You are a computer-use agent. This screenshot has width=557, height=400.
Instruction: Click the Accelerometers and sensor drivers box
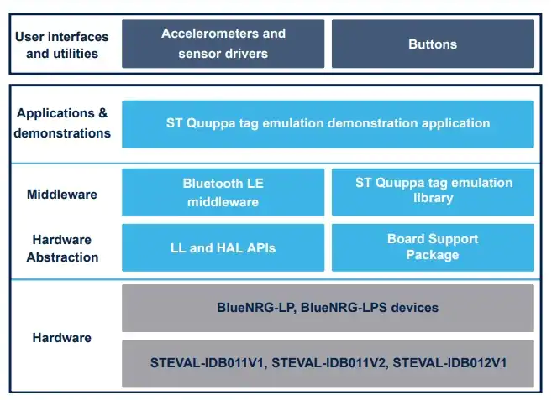223,44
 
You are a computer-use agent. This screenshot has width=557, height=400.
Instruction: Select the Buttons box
433,44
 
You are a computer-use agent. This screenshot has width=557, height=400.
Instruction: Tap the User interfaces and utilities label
62,45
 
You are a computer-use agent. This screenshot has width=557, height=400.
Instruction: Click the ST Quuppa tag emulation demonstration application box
328,124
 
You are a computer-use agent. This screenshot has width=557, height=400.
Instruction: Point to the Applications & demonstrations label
62,123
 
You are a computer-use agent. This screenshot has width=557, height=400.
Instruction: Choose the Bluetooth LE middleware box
223,192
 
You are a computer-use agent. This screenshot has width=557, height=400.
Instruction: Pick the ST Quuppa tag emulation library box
433,192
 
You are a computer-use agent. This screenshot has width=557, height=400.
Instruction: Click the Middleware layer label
62,195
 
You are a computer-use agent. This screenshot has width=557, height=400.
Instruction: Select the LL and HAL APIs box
223,247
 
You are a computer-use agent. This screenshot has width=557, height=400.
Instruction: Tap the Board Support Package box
433,247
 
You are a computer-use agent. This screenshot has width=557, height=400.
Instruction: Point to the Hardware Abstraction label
62,248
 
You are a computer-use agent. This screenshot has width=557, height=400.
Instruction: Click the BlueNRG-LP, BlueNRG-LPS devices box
328,308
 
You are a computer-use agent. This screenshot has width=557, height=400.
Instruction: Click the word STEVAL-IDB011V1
208,363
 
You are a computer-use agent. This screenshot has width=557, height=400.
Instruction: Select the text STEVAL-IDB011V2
329,363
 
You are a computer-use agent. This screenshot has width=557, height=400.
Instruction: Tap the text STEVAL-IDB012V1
449,363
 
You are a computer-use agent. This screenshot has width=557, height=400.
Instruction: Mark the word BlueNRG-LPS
344,308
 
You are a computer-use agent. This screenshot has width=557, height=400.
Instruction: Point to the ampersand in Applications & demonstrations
102,113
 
